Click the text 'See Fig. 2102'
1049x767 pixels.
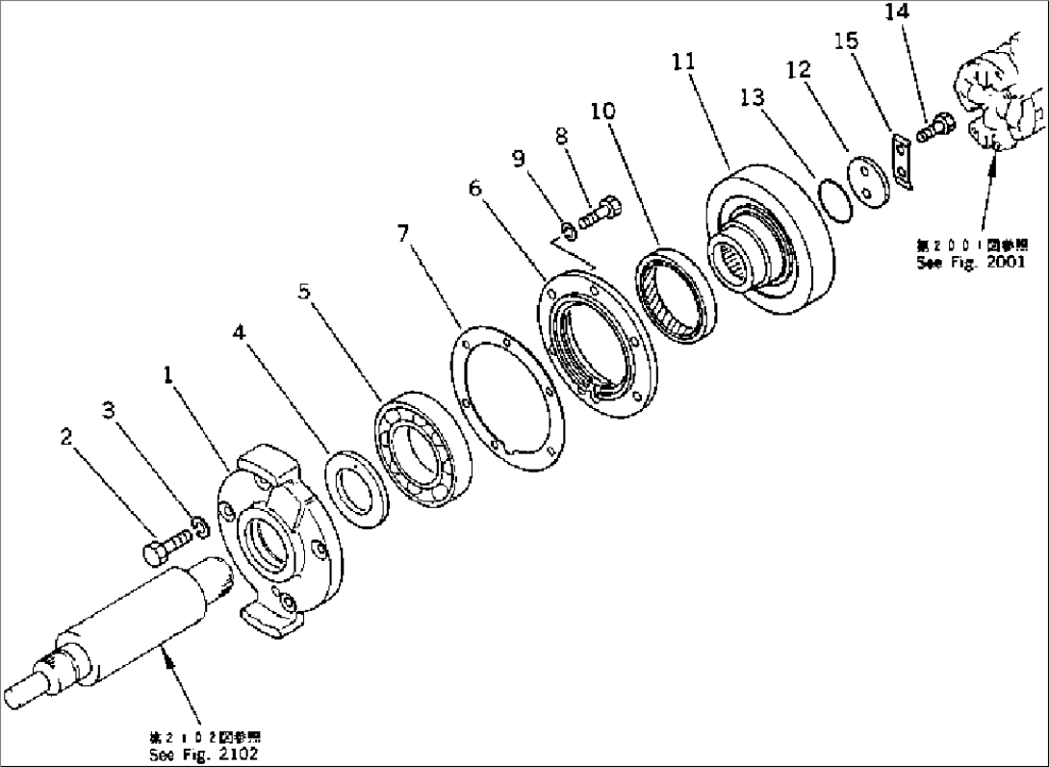pos(204,755)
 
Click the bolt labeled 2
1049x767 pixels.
pos(157,553)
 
